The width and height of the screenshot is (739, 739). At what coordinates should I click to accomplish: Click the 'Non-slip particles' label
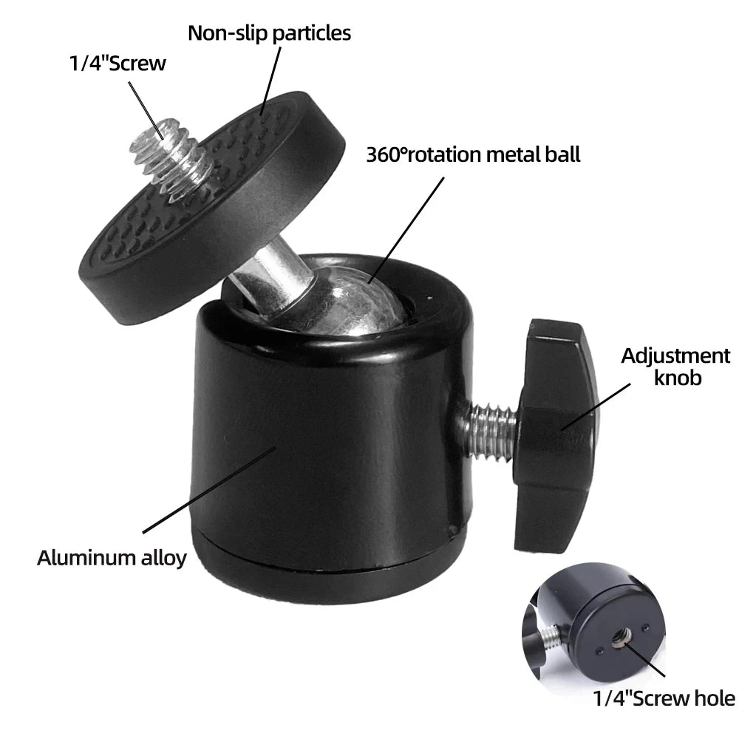point(269,33)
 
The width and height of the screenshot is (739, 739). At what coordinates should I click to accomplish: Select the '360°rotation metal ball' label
point(473,154)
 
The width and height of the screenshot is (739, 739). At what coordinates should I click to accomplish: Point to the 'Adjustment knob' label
point(675,366)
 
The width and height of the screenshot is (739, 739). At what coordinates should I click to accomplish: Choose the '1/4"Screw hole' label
point(664,698)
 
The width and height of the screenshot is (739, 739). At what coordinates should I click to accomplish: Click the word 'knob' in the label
point(675,378)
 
